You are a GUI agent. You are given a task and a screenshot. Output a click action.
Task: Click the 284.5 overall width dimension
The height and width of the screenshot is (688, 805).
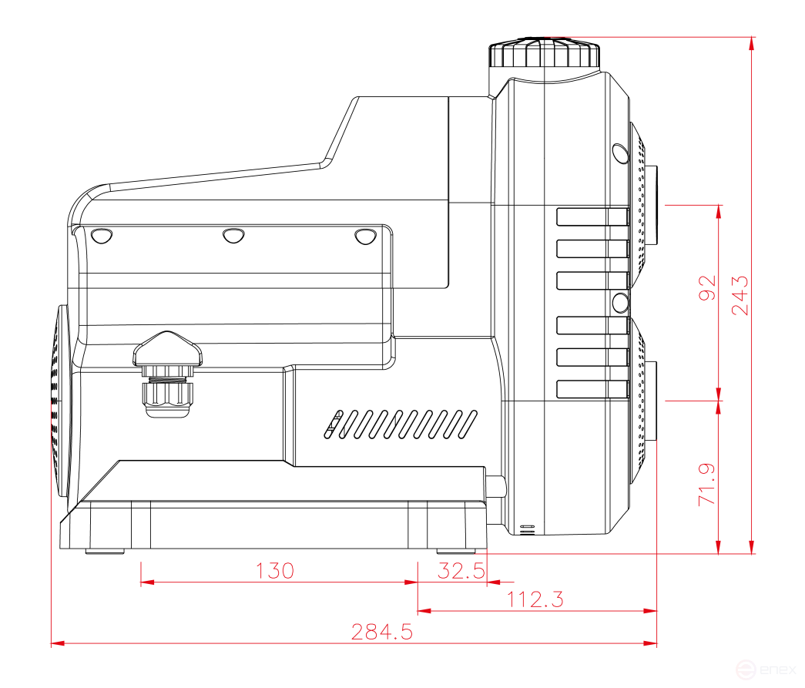(382, 633)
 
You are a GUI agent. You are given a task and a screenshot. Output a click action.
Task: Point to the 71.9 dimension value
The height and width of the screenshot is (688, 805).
(707, 484)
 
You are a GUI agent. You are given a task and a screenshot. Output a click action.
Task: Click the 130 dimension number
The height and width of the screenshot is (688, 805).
(275, 571)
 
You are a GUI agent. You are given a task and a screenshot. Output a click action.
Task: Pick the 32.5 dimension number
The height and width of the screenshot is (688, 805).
(461, 571)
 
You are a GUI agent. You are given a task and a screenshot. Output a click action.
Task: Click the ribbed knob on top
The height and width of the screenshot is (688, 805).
(544, 54)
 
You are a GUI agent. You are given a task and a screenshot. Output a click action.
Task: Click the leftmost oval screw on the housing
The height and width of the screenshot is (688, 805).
(100, 235)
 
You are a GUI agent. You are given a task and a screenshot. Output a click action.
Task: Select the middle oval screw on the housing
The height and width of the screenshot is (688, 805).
(232, 235)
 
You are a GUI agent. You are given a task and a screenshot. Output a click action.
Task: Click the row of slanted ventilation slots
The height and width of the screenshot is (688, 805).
(401, 424)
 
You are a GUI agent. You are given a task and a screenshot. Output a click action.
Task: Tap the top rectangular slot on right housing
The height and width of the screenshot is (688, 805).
(592, 217)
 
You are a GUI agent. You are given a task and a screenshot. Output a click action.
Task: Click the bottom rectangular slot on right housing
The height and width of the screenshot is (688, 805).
(592, 389)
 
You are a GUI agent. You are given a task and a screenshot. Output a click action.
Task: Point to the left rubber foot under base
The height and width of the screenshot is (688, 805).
(106, 551)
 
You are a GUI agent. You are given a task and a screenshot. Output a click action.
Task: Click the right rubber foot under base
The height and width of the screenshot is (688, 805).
(459, 551)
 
